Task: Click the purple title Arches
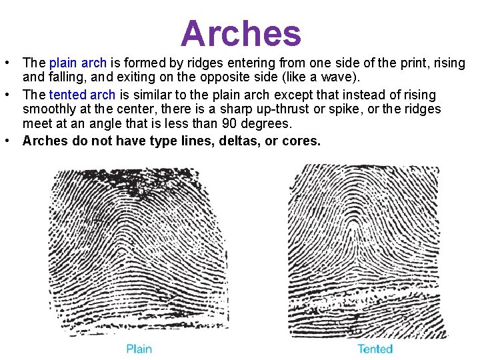(241, 33)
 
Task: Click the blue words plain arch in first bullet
(78, 63)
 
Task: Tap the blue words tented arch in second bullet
(82, 95)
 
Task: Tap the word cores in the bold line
(303, 141)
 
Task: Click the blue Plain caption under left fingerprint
(139, 349)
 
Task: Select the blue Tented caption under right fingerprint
(375, 349)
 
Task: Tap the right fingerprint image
(369, 250)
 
